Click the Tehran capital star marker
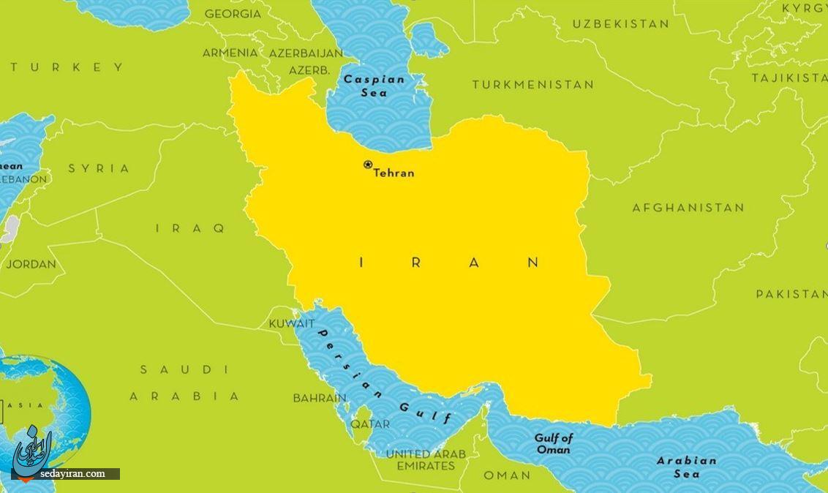coord(368,165)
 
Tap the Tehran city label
coord(394,173)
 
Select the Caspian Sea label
coord(374,86)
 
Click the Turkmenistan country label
coord(532,85)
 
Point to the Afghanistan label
coord(688,208)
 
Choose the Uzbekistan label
coord(620,24)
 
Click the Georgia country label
coord(233,14)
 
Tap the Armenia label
coord(230,53)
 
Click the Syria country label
coord(99,168)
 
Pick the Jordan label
coord(31,264)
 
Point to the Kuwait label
coord(292,323)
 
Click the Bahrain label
coord(320,399)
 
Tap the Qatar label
coord(370,424)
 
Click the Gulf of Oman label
coord(553,444)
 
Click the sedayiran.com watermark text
coord(73,474)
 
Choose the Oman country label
coord(507,475)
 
